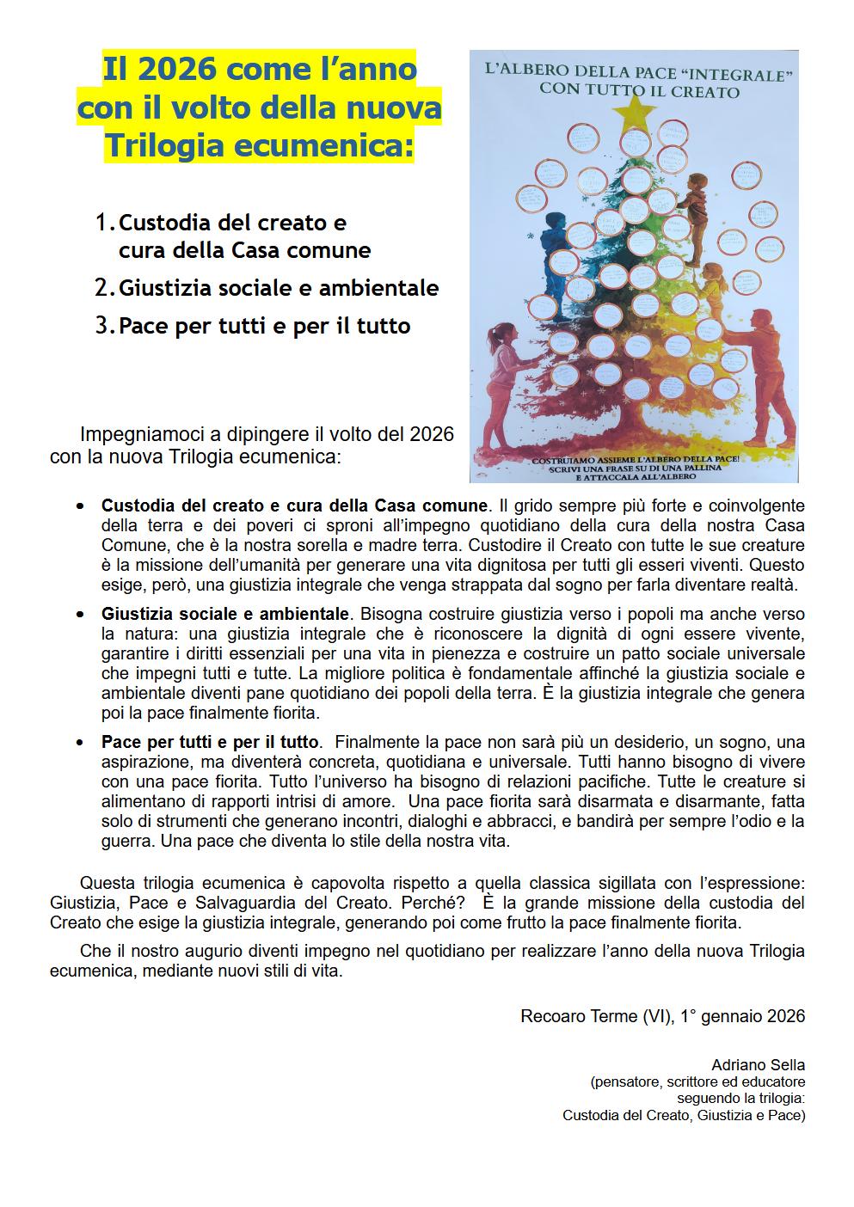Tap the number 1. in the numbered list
[105, 223]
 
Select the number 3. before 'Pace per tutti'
[105, 326]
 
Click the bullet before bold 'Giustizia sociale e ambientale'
[80, 616]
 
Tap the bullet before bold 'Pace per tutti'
[80, 742]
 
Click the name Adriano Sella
[758, 1065]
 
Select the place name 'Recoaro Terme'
[568, 1016]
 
